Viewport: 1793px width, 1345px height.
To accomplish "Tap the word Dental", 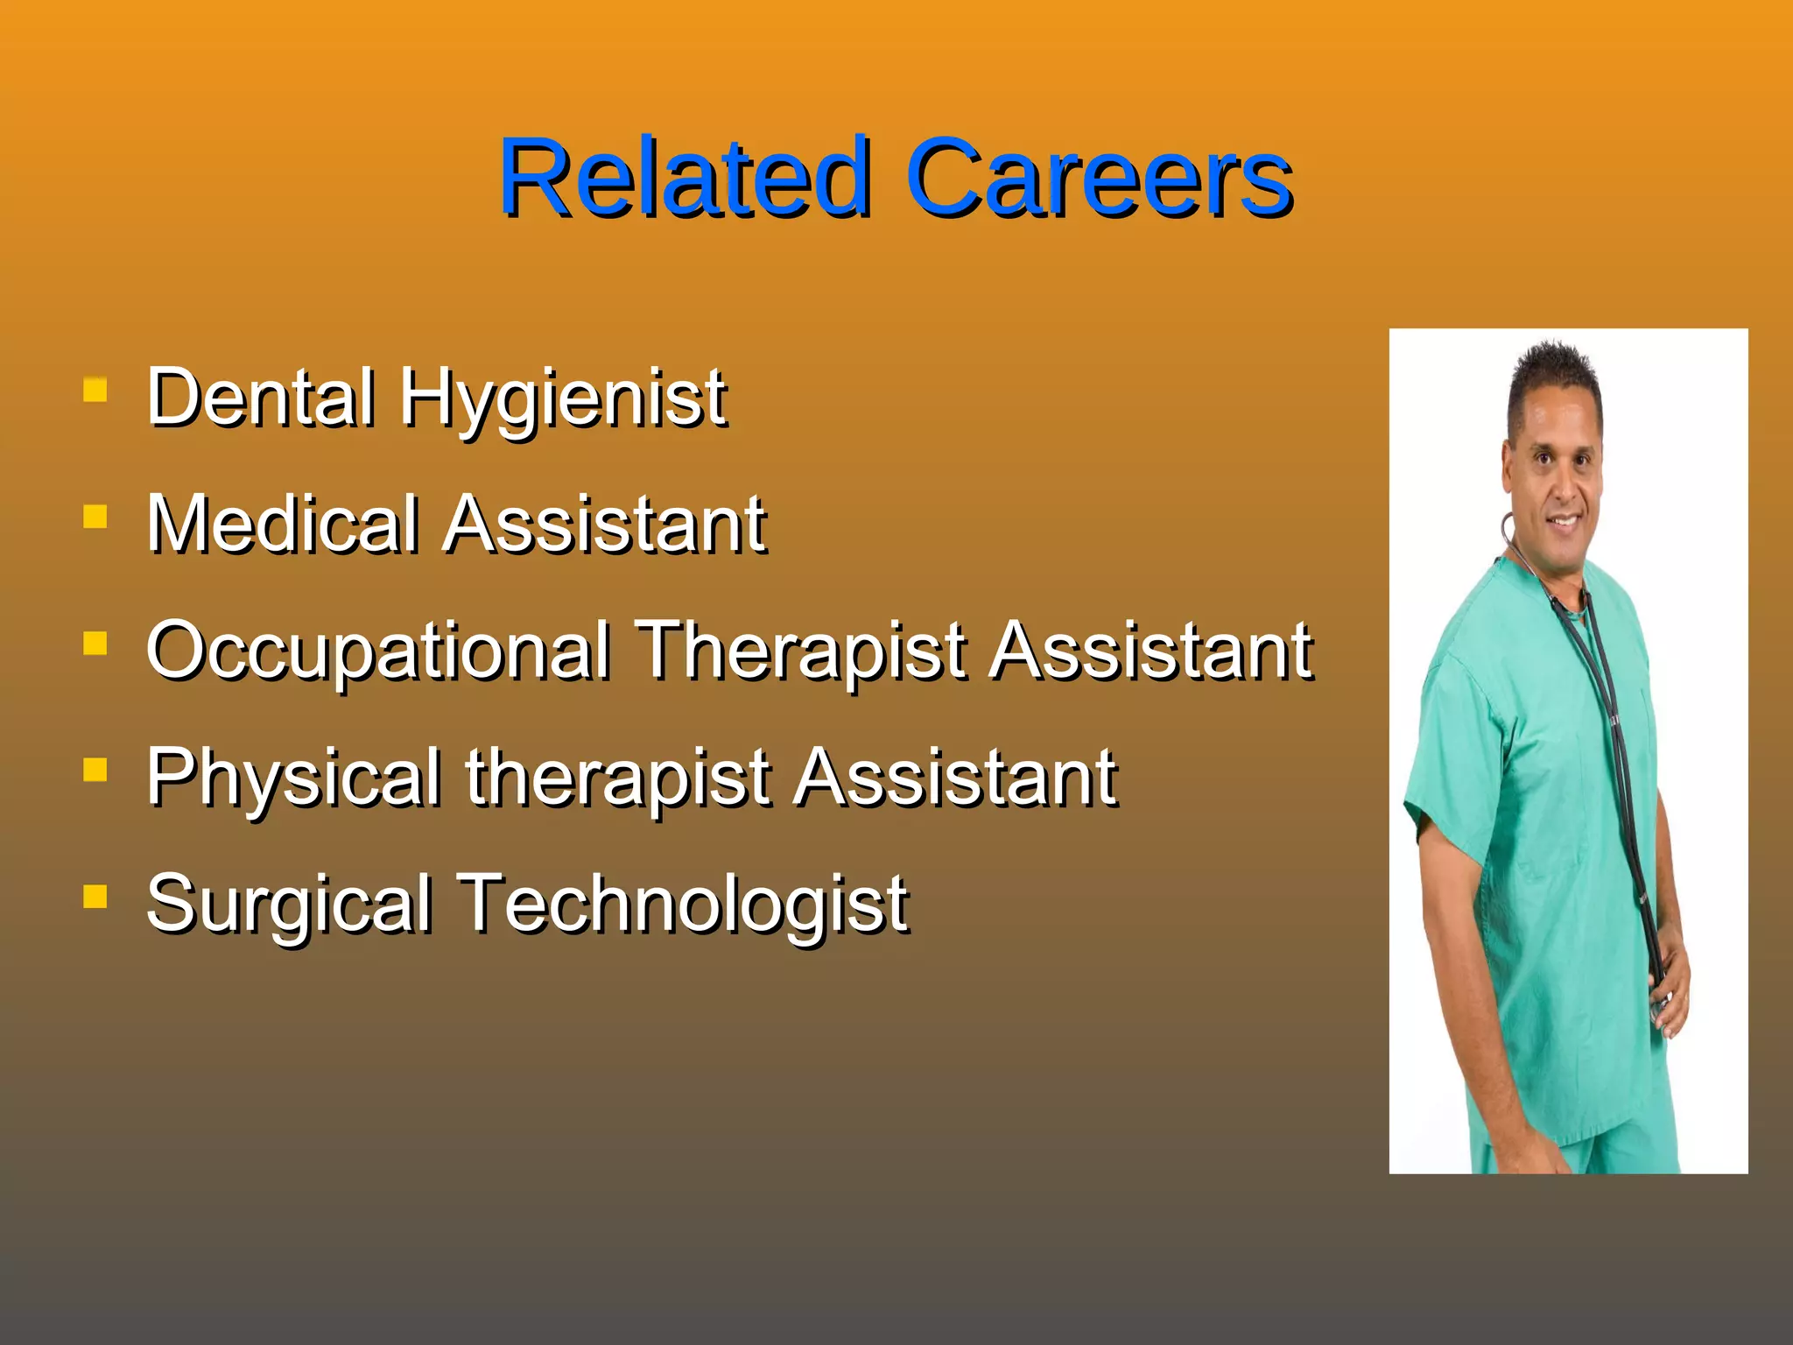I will pos(261,398).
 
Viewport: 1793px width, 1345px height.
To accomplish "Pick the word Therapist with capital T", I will pos(800,652).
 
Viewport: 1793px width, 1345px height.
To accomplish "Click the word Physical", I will pos(293,779).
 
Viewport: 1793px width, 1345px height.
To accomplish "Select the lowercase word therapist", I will pos(617,779).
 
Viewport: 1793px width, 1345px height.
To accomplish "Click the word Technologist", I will pos(683,905).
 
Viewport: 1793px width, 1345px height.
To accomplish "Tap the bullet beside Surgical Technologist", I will pos(95,897).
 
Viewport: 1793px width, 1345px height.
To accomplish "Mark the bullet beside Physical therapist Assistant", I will pos(95,770).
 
